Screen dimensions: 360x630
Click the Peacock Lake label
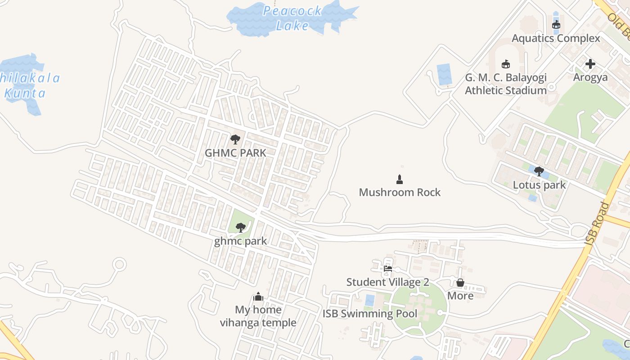click(292, 18)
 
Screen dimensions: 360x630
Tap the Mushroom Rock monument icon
click(399, 180)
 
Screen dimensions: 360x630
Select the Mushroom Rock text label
click(400, 193)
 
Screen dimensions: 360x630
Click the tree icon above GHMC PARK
click(235, 139)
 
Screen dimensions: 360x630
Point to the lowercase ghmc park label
click(240, 241)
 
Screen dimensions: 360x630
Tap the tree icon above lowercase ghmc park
click(240, 227)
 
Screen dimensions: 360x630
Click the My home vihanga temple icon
click(258, 297)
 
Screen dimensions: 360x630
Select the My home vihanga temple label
click(258, 316)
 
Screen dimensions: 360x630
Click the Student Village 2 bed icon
click(387, 269)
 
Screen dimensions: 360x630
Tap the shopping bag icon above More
click(460, 283)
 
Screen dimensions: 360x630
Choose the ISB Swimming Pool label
click(370, 314)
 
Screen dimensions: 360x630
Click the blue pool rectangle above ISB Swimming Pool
click(369, 300)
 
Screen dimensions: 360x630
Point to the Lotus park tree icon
click(539, 171)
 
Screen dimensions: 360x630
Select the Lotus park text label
click(539, 185)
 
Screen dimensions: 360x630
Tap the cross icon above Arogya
click(590, 64)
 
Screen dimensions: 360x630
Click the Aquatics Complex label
click(556, 38)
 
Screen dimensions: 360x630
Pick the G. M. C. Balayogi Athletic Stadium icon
click(505, 64)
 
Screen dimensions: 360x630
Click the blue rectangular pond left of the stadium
click(444, 74)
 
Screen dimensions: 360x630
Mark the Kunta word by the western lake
click(25, 94)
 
